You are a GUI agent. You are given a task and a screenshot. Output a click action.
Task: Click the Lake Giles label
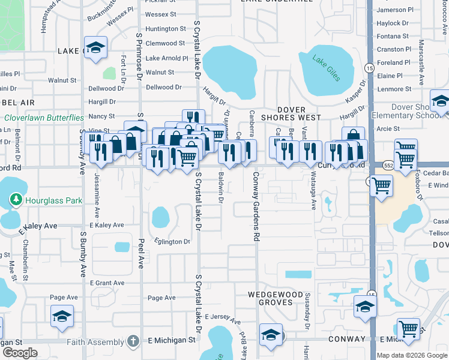click(x=326, y=67)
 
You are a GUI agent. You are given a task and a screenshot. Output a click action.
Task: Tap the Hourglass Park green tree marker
click(x=16, y=199)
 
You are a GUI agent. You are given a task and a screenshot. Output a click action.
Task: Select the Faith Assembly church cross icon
click(x=133, y=341)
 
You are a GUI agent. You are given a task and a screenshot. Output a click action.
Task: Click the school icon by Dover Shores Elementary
click(x=440, y=103)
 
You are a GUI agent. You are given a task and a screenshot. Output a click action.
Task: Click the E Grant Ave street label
click(x=107, y=283)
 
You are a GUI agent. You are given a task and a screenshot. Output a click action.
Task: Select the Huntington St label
click(x=166, y=29)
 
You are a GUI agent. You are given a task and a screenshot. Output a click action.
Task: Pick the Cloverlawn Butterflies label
click(x=44, y=118)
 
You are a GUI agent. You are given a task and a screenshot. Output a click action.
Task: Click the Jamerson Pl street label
click(x=396, y=10)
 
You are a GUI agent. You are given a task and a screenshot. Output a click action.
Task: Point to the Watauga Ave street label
click(x=313, y=190)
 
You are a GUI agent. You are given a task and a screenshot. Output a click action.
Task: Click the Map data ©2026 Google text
click(x=411, y=355)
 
